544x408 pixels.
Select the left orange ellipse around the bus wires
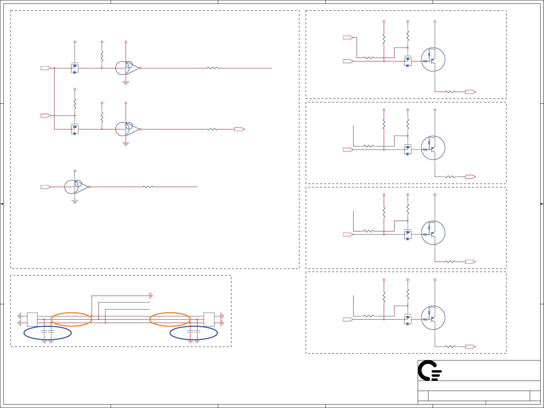pyautogui.click(x=71, y=319)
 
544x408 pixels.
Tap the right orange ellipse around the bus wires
pyautogui.click(x=170, y=319)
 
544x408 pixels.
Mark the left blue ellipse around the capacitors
pyautogui.click(x=48, y=333)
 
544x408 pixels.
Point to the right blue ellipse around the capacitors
pyautogui.click(x=194, y=333)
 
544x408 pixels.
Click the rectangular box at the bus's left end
pyautogui.click(x=32, y=319)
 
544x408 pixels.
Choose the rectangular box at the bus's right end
pyautogui.click(x=209, y=319)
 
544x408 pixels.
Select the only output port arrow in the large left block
pyautogui.click(x=239, y=129)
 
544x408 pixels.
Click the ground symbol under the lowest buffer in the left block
pyautogui.click(x=75, y=202)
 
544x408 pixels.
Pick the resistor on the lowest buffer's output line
pyautogui.click(x=148, y=187)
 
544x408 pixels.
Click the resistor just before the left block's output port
pyautogui.click(x=212, y=129)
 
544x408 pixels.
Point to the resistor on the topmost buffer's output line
pyautogui.click(x=212, y=68)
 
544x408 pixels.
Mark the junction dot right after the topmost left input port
pyautogui.click(x=54, y=68)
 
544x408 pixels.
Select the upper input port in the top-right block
pyautogui.click(x=348, y=37)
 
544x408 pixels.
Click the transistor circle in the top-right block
pyautogui.click(x=433, y=60)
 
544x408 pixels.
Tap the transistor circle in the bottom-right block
pyautogui.click(x=433, y=318)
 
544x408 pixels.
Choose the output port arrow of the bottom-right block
pyautogui.click(x=470, y=346)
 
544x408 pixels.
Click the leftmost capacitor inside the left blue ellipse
pyautogui.click(x=44, y=332)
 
